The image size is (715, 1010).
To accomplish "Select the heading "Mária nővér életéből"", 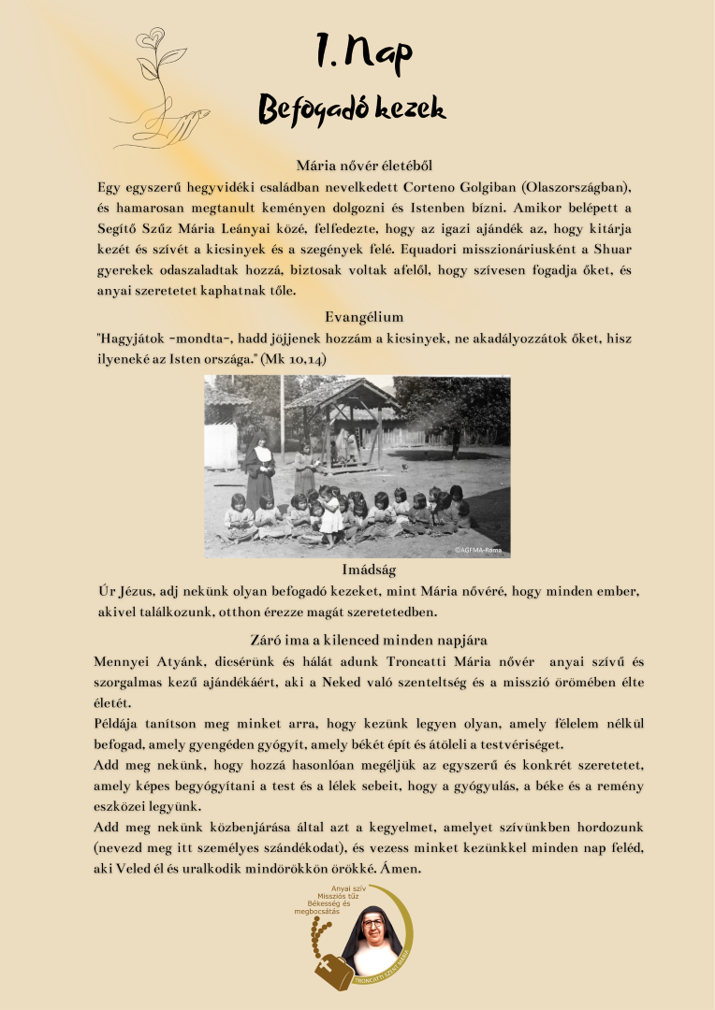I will point(357,166).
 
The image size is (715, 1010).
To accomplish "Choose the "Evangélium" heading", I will point(357,317).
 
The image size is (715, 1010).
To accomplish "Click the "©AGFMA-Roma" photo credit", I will point(479,550).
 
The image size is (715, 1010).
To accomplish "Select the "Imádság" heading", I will point(357,570).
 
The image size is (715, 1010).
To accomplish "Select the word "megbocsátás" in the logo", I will point(316,911).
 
